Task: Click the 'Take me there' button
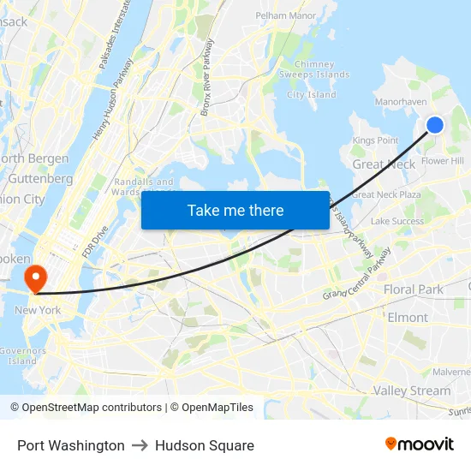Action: pyautogui.click(x=235, y=210)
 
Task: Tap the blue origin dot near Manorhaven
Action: pyautogui.click(x=435, y=125)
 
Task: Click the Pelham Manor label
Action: pyautogui.click(x=286, y=15)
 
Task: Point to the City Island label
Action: pyautogui.click(x=312, y=95)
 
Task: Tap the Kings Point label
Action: pyautogui.click(x=375, y=140)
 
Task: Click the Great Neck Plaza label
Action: pyautogui.click(x=386, y=194)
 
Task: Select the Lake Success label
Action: pyautogui.click(x=397, y=221)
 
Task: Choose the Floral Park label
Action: pyautogui.click(x=414, y=289)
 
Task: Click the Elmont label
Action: pyautogui.click(x=408, y=317)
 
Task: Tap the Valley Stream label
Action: pyautogui.click(x=411, y=391)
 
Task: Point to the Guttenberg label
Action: pyautogui.click(x=39, y=179)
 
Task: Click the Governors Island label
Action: pyautogui.click(x=22, y=355)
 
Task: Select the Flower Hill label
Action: pyautogui.click(x=442, y=161)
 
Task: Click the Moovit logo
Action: pyautogui.click(x=420, y=444)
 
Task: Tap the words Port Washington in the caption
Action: pyautogui.click(x=71, y=445)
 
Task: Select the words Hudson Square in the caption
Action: pyautogui.click(x=205, y=445)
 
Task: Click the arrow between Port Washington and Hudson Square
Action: pyautogui.click(x=140, y=445)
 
